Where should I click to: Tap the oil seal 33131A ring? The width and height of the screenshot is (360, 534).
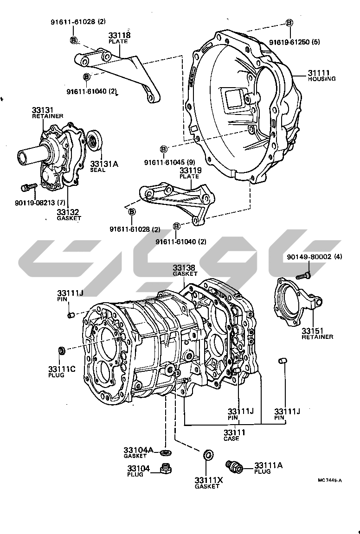pyautogui.click(x=94, y=140)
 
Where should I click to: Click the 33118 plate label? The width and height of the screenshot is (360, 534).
pyautogui.click(x=120, y=35)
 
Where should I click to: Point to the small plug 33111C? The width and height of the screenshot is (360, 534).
pyautogui.click(x=61, y=350)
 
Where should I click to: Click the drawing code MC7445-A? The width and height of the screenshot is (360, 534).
pyautogui.click(x=330, y=480)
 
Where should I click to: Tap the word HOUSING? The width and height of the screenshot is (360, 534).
pyautogui.click(x=321, y=79)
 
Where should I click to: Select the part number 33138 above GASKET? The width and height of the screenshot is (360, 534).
pyautogui.click(x=184, y=268)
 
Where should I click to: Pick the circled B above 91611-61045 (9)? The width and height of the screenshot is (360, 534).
pyautogui.click(x=163, y=149)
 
